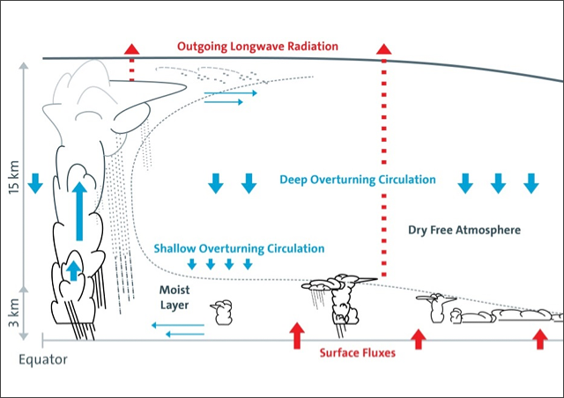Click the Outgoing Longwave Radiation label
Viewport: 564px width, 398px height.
click(x=257, y=46)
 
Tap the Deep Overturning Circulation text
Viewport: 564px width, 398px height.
click(x=357, y=180)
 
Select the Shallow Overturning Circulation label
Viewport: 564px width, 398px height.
click(x=233, y=249)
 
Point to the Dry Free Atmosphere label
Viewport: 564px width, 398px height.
click(x=464, y=230)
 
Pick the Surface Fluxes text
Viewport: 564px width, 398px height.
click(x=357, y=353)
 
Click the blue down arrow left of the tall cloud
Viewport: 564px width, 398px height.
click(x=35, y=183)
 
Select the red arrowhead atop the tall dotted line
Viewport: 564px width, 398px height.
click(x=384, y=48)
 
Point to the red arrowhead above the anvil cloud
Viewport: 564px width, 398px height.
click(x=131, y=48)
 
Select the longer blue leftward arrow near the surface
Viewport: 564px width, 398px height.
click(x=177, y=326)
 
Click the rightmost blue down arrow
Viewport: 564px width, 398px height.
click(x=531, y=183)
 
